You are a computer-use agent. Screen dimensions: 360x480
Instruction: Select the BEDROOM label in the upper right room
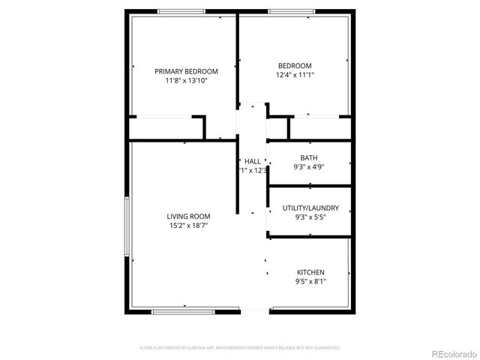click(x=294, y=65)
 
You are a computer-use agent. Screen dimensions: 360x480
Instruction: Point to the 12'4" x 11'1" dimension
click(x=294, y=74)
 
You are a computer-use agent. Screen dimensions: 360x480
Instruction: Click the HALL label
click(x=253, y=161)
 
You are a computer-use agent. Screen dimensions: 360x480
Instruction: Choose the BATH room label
click(x=309, y=157)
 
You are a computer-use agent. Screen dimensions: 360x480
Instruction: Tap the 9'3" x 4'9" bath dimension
click(x=309, y=166)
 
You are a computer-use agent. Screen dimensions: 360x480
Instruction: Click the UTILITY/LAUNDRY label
click(x=310, y=208)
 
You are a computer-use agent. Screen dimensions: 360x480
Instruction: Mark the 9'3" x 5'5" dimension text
click(x=310, y=217)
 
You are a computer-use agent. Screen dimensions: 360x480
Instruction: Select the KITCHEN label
click(x=310, y=272)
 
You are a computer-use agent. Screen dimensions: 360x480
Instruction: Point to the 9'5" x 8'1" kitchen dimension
click(x=310, y=282)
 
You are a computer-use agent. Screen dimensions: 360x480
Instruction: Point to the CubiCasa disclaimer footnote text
click(x=240, y=347)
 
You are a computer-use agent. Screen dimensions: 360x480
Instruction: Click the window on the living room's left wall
click(x=127, y=225)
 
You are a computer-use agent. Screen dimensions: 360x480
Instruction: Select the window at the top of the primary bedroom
click(x=180, y=11)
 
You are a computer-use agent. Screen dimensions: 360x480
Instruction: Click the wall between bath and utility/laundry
click(x=310, y=185)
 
